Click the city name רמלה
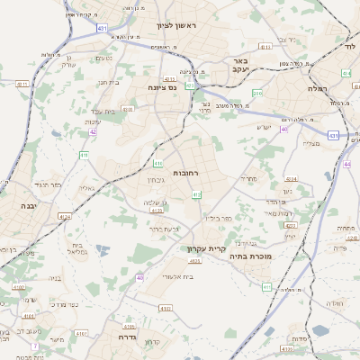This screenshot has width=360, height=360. (319, 88)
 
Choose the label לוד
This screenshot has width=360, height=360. (349, 44)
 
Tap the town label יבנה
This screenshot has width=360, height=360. (16, 206)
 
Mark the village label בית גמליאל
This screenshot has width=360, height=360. (77, 248)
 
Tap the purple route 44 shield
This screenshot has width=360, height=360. (347, 164)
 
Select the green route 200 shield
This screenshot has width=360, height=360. (257, 93)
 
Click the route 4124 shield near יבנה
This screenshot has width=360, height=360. (65, 216)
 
